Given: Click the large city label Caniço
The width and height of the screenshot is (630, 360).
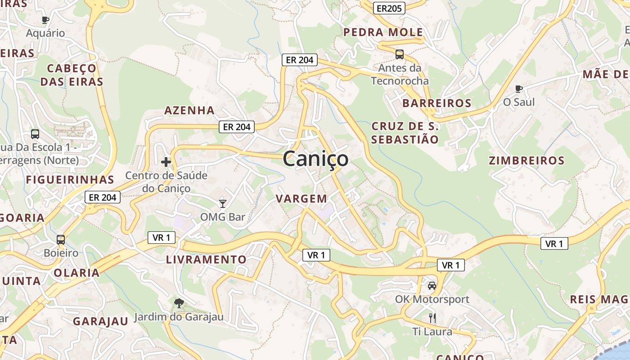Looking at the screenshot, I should coord(315,159).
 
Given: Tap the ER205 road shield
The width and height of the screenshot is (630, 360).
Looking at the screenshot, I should coord(389,8).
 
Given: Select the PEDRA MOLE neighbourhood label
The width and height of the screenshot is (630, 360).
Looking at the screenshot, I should coord(383,32).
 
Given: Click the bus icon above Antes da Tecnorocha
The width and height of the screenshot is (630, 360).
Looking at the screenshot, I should coord(399,54).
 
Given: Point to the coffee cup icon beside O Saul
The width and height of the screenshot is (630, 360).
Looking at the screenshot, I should coord(519,89).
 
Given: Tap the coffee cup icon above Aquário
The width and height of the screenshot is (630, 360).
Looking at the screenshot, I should coord(45,20).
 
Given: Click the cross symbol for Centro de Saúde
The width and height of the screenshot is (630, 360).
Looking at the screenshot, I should coord(166,162).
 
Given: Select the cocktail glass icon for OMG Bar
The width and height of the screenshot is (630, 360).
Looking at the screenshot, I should coord(222,203).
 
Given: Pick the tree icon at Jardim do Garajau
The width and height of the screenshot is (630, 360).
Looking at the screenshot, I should coord(179,303).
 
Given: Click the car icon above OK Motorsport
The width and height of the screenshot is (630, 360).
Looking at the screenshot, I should coord(432,285).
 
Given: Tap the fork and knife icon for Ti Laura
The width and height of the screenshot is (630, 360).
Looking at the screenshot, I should coord(432,318).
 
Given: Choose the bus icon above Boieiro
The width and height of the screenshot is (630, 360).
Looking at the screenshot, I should coord(61,240).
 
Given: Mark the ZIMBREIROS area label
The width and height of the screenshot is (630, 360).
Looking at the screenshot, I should coord(526,161).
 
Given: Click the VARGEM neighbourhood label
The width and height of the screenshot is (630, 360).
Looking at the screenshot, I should coord(301,198).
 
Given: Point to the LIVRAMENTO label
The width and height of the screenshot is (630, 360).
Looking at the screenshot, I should coord(206,260).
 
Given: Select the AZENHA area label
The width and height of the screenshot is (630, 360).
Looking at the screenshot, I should coord(189,110).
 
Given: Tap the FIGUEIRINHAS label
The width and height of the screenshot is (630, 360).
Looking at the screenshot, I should coord(70,180).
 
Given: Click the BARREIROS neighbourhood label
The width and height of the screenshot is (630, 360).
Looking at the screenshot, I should coord(436,103).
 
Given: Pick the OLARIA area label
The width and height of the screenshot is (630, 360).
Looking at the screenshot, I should coord(76,273).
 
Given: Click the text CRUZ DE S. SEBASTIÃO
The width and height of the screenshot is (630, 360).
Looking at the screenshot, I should coord(405,133).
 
